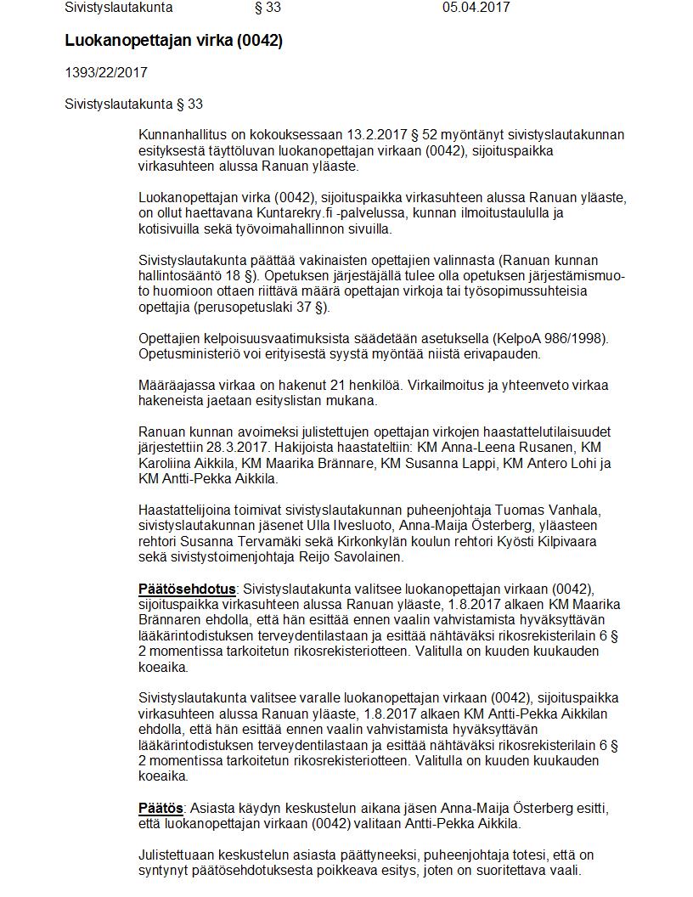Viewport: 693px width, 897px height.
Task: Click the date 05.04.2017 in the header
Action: [476, 8]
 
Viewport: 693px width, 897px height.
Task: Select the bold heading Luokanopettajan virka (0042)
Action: [173, 41]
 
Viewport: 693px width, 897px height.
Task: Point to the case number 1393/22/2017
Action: [106, 73]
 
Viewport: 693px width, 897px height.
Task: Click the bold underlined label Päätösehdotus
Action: [187, 589]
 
